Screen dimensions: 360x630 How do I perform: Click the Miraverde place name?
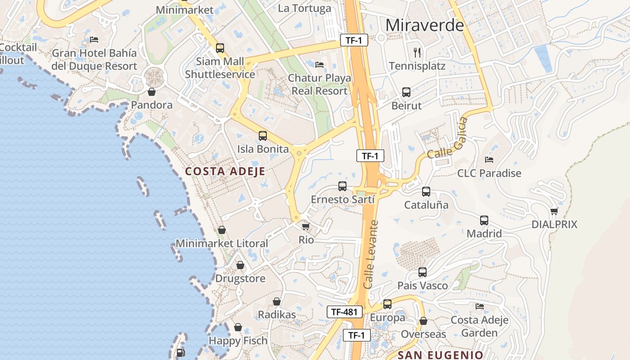424,25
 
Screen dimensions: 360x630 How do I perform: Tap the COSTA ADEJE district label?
225,171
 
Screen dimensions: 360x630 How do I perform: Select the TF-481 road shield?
345,312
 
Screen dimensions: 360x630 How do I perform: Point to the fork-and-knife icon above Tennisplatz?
417,52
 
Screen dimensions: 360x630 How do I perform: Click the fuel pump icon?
180,353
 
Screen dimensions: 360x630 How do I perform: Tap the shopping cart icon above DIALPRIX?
554,211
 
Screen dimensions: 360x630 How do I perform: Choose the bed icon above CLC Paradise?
489,159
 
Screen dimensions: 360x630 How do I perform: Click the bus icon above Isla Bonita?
263,135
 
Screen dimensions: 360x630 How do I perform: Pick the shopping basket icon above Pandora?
152,92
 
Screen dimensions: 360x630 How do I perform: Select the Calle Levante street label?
371,254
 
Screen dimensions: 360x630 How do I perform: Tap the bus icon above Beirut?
406,92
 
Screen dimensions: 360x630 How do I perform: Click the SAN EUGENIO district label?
441,355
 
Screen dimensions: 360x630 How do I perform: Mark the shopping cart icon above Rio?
306,226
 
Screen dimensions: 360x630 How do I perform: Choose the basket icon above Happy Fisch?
238,327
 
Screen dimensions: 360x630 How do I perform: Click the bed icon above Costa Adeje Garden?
480,306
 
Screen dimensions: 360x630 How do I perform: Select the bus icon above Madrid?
484,220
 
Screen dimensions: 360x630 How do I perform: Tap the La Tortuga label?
304,8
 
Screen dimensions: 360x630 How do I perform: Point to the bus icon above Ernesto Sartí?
342,186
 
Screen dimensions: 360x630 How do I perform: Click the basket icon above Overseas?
423,321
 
